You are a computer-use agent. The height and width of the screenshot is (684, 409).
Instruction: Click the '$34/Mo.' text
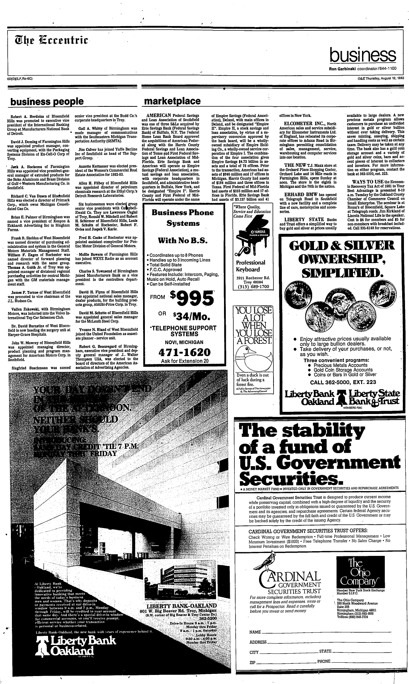pos(191,317)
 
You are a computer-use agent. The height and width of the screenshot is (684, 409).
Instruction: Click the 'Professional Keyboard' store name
pos(250,266)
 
